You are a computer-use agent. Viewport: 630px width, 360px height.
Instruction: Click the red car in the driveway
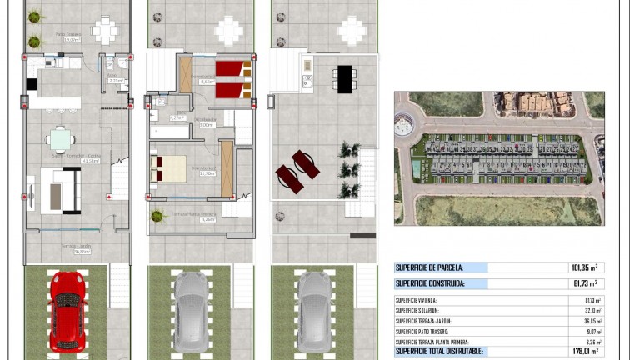(x=67, y=311)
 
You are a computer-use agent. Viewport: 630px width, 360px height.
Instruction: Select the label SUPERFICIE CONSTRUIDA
(x=429, y=284)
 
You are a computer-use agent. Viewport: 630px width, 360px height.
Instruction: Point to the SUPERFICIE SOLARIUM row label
(x=420, y=310)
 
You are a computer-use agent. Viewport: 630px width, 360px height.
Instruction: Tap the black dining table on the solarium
(x=343, y=78)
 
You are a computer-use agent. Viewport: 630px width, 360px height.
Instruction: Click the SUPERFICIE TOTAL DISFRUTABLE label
(x=438, y=352)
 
